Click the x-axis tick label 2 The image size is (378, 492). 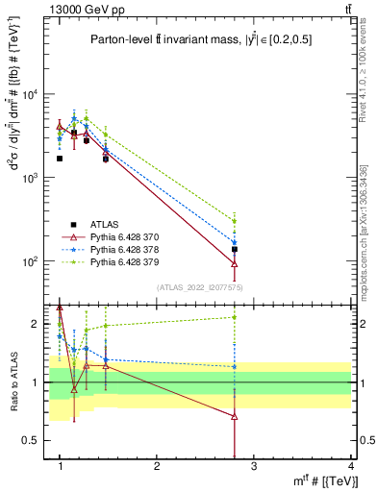(x=157, y=465)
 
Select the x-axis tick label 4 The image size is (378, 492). (x=350, y=465)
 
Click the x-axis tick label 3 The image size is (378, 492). (x=253, y=465)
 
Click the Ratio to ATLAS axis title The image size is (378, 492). (x=13, y=381)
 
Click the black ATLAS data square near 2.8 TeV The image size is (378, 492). (x=235, y=249)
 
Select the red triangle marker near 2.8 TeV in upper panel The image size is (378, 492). (x=235, y=264)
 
